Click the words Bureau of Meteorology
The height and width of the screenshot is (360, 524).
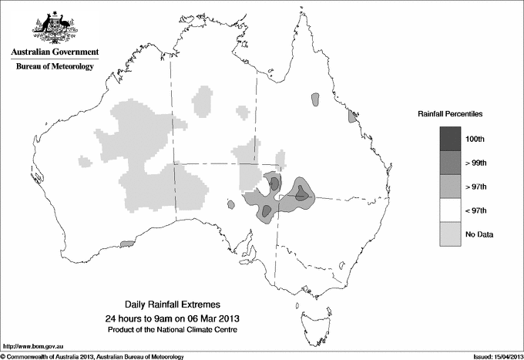[x=55, y=66]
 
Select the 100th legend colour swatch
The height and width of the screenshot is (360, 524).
[x=452, y=139]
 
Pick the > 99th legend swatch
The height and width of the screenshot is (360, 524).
[x=452, y=163]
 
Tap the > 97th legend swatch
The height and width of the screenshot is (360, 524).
[x=452, y=187]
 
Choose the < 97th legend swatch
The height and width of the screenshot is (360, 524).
[x=452, y=210]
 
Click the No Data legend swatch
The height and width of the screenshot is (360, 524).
[x=452, y=234]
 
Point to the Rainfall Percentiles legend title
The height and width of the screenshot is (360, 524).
[x=450, y=114]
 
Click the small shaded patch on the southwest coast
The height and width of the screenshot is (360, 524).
[x=129, y=244]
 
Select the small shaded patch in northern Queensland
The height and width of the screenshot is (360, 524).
[x=314, y=99]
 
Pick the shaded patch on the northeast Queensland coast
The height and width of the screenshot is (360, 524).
[x=352, y=116]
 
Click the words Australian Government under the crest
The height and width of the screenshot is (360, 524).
[x=55, y=52]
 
